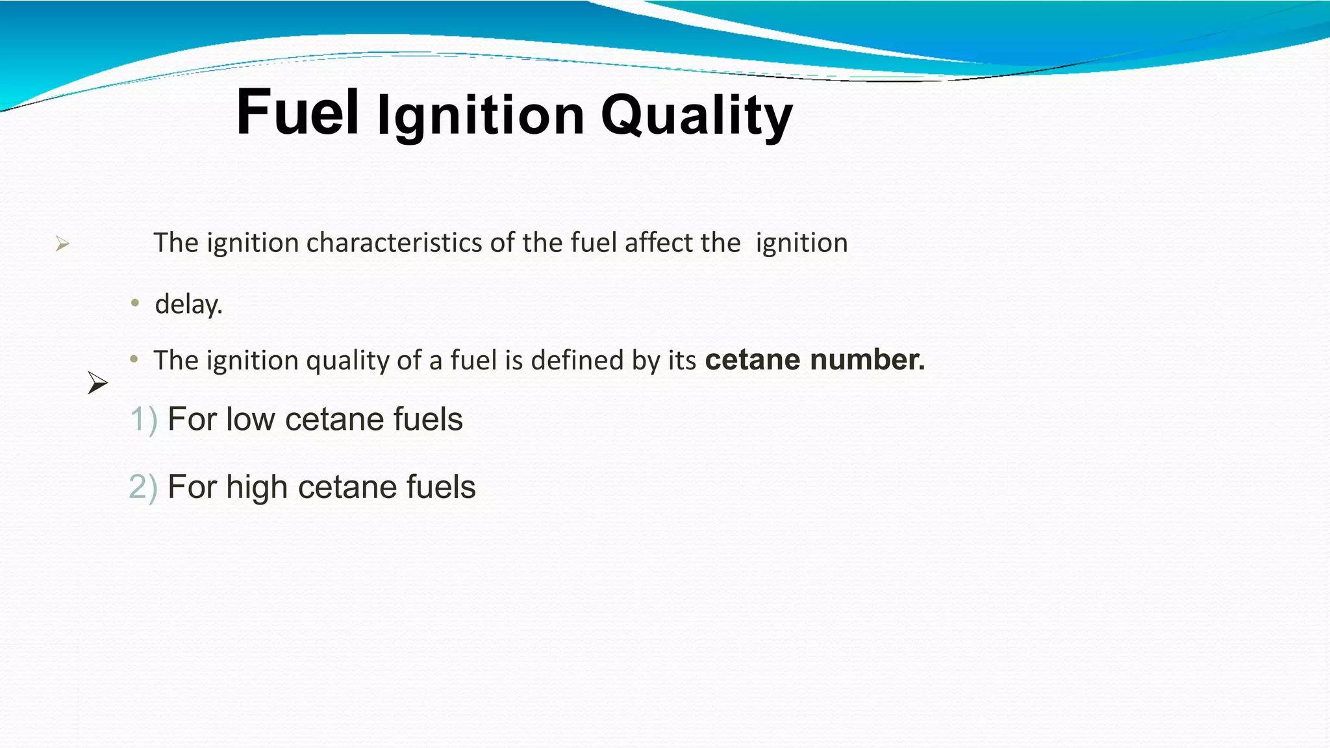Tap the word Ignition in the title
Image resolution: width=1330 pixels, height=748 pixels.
tap(481, 116)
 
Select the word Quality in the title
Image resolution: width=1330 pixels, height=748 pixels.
tap(696, 116)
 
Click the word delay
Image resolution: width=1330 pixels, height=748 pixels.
tap(188, 304)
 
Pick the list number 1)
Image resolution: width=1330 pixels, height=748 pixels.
tap(144, 419)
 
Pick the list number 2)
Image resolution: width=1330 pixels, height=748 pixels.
tap(143, 487)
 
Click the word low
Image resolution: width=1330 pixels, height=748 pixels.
tap(250, 419)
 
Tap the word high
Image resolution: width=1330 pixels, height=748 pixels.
tap(257, 487)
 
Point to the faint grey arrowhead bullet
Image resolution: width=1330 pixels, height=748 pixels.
tap(62, 244)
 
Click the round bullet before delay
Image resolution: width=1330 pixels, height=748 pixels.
tap(135, 303)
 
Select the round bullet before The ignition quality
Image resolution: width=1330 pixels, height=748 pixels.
tap(134, 359)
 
